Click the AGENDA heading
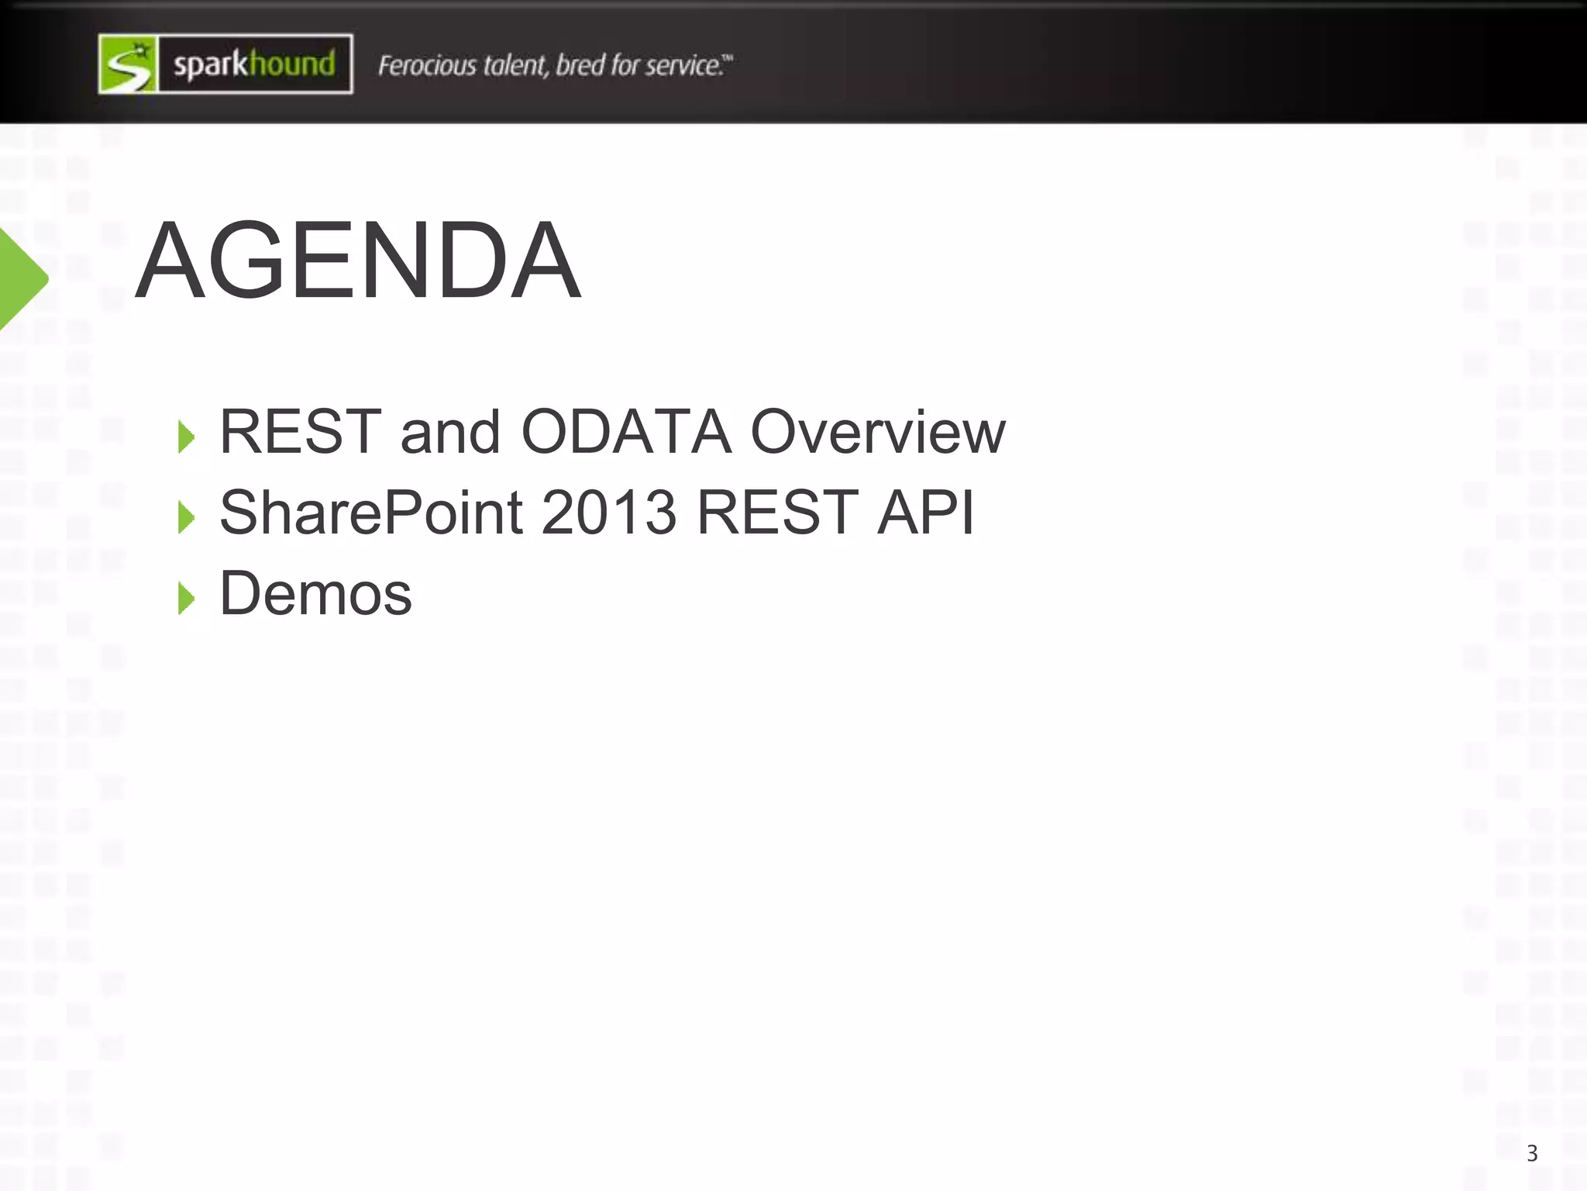(x=358, y=261)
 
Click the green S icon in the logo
(x=128, y=64)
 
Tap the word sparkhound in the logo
(x=254, y=64)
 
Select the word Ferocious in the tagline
(x=427, y=65)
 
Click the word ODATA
(x=626, y=431)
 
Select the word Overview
(x=878, y=431)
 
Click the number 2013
(x=609, y=513)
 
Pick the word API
(x=926, y=513)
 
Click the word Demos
(x=316, y=594)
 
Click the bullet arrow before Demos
(x=186, y=598)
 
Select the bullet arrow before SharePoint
(x=186, y=516)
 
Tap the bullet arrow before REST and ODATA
(x=186, y=437)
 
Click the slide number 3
(x=1531, y=1153)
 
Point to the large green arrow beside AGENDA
(x=22, y=278)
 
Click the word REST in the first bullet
(x=301, y=431)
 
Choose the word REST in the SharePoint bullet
(x=777, y=513)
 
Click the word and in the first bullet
(x=450, y=431)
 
